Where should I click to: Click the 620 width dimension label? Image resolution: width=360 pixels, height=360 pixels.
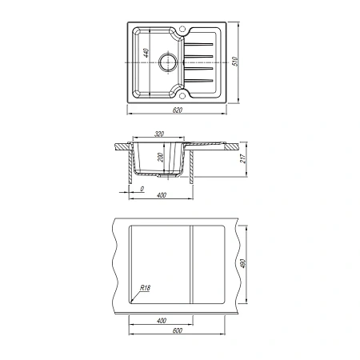[x=178, y=110]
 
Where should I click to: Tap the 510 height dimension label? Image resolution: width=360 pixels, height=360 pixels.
[x=235, y=62]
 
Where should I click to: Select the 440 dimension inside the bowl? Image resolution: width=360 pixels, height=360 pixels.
[x=146, y=53]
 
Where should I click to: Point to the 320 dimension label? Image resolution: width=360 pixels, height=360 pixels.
[x=159, y=134]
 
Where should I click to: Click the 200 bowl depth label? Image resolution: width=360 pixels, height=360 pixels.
[x=160, y=158]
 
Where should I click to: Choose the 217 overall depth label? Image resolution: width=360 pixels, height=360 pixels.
[x=243, y=158]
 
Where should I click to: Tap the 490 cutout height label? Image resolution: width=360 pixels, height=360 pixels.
[x=243, y=264]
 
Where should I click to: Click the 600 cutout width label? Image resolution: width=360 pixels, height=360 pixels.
[x=178, y=330]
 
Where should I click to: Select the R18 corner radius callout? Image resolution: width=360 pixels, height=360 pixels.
[x=145, y=288]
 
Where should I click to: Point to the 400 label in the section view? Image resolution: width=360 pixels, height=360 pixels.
[x=162, y=195]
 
